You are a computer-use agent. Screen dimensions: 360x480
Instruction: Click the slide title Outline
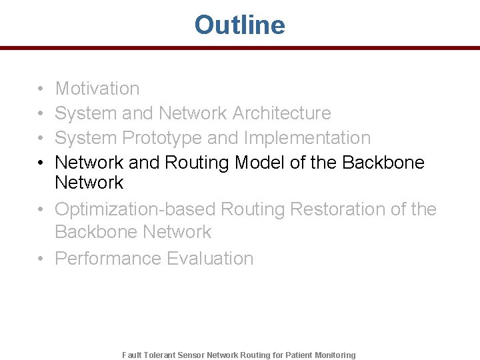pos(239,25)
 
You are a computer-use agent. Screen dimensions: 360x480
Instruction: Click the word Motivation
pos(97,89)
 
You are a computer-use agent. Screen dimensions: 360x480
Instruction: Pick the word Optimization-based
pos(135,209)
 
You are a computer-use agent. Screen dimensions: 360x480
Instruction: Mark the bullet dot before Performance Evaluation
pos(41,259)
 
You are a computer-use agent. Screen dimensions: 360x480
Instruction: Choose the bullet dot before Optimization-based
pos(41,210)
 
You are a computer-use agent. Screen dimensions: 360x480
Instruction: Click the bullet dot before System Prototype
pos(41,139)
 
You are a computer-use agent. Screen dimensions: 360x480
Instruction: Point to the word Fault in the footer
pos(131,355)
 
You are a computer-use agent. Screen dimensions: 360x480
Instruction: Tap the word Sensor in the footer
pos(191,355)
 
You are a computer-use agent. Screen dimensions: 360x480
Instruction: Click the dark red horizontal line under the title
pos(239,48)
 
